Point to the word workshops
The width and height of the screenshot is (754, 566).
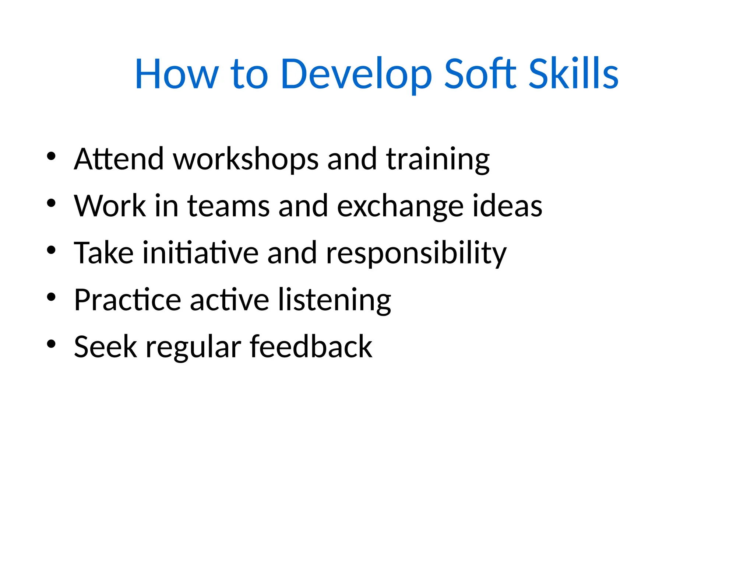(x=246, y=159)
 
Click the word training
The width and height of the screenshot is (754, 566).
(x=438, y=159)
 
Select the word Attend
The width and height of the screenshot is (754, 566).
(x=119, y=159)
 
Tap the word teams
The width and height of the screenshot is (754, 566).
(x=228, y=206)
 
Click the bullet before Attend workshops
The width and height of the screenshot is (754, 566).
(x=51, y=156)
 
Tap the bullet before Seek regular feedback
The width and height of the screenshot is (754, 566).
(x=51, y=344)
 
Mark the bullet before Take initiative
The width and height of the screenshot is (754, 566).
(x=51, y=250)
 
